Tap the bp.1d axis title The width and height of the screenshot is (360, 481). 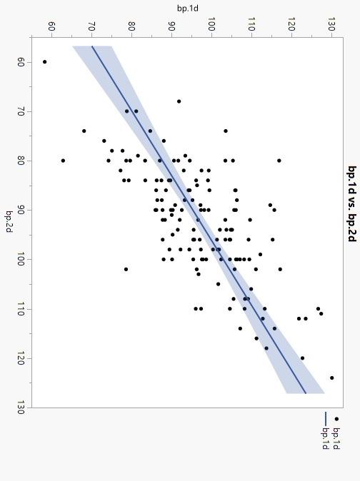[x=188, y=9]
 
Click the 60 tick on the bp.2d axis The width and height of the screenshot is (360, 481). [x=21, y=62]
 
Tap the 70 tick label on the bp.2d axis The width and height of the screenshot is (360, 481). [x=21, y=111]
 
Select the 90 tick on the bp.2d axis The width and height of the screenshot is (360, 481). [x=21, y=210]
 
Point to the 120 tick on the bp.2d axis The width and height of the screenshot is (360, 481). [x=21, y=358]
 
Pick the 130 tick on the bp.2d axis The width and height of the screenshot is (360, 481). [x=21, y=407]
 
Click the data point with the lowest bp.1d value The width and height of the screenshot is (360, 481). [x=44, y=62]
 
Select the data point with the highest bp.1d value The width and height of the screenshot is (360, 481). [x=332, y=378]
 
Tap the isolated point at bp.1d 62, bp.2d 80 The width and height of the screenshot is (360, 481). [x=63, y=161]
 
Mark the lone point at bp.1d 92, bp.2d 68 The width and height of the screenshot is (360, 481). [x=179, y=101]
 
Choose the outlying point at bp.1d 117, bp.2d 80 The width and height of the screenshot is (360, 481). [x=279, y=161]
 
